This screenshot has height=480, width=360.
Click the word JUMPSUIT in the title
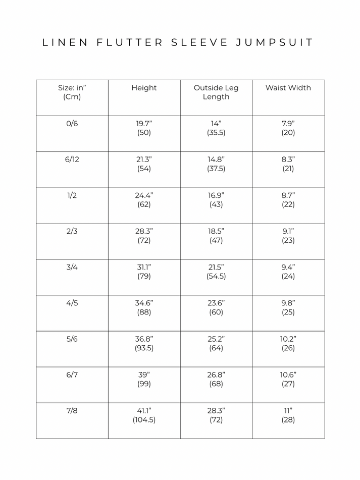(x=274, y=42)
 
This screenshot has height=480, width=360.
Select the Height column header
(x=144, y=88)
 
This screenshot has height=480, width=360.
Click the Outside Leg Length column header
(x=216, y=92)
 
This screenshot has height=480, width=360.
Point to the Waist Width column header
(x=288, y=88)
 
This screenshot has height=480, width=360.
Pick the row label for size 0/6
(x=72, y=124)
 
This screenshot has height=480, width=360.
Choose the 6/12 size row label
(x=72, y=159)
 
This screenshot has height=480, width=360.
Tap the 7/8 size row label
(x=72, y=411)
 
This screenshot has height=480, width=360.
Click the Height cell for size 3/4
(x=144, y=272)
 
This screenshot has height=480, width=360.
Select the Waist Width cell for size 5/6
(x=288, y=343)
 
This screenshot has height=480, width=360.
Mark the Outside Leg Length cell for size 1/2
(x=216, y=200)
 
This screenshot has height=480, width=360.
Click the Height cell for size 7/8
(x=144, y=415)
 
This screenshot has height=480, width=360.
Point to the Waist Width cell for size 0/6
(x=288, y=128)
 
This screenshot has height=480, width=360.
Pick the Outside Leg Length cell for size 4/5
(x=216, y=307)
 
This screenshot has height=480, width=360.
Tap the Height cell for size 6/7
(x=144, y=379)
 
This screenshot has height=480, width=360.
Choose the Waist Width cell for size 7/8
(x=288, y=415)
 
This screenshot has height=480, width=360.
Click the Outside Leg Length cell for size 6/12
(x=216, y=164)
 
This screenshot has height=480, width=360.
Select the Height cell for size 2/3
(x=144, y=236)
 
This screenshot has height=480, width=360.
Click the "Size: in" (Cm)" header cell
(x=72, y=92)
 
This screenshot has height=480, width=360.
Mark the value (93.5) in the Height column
(x=144, y=348)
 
